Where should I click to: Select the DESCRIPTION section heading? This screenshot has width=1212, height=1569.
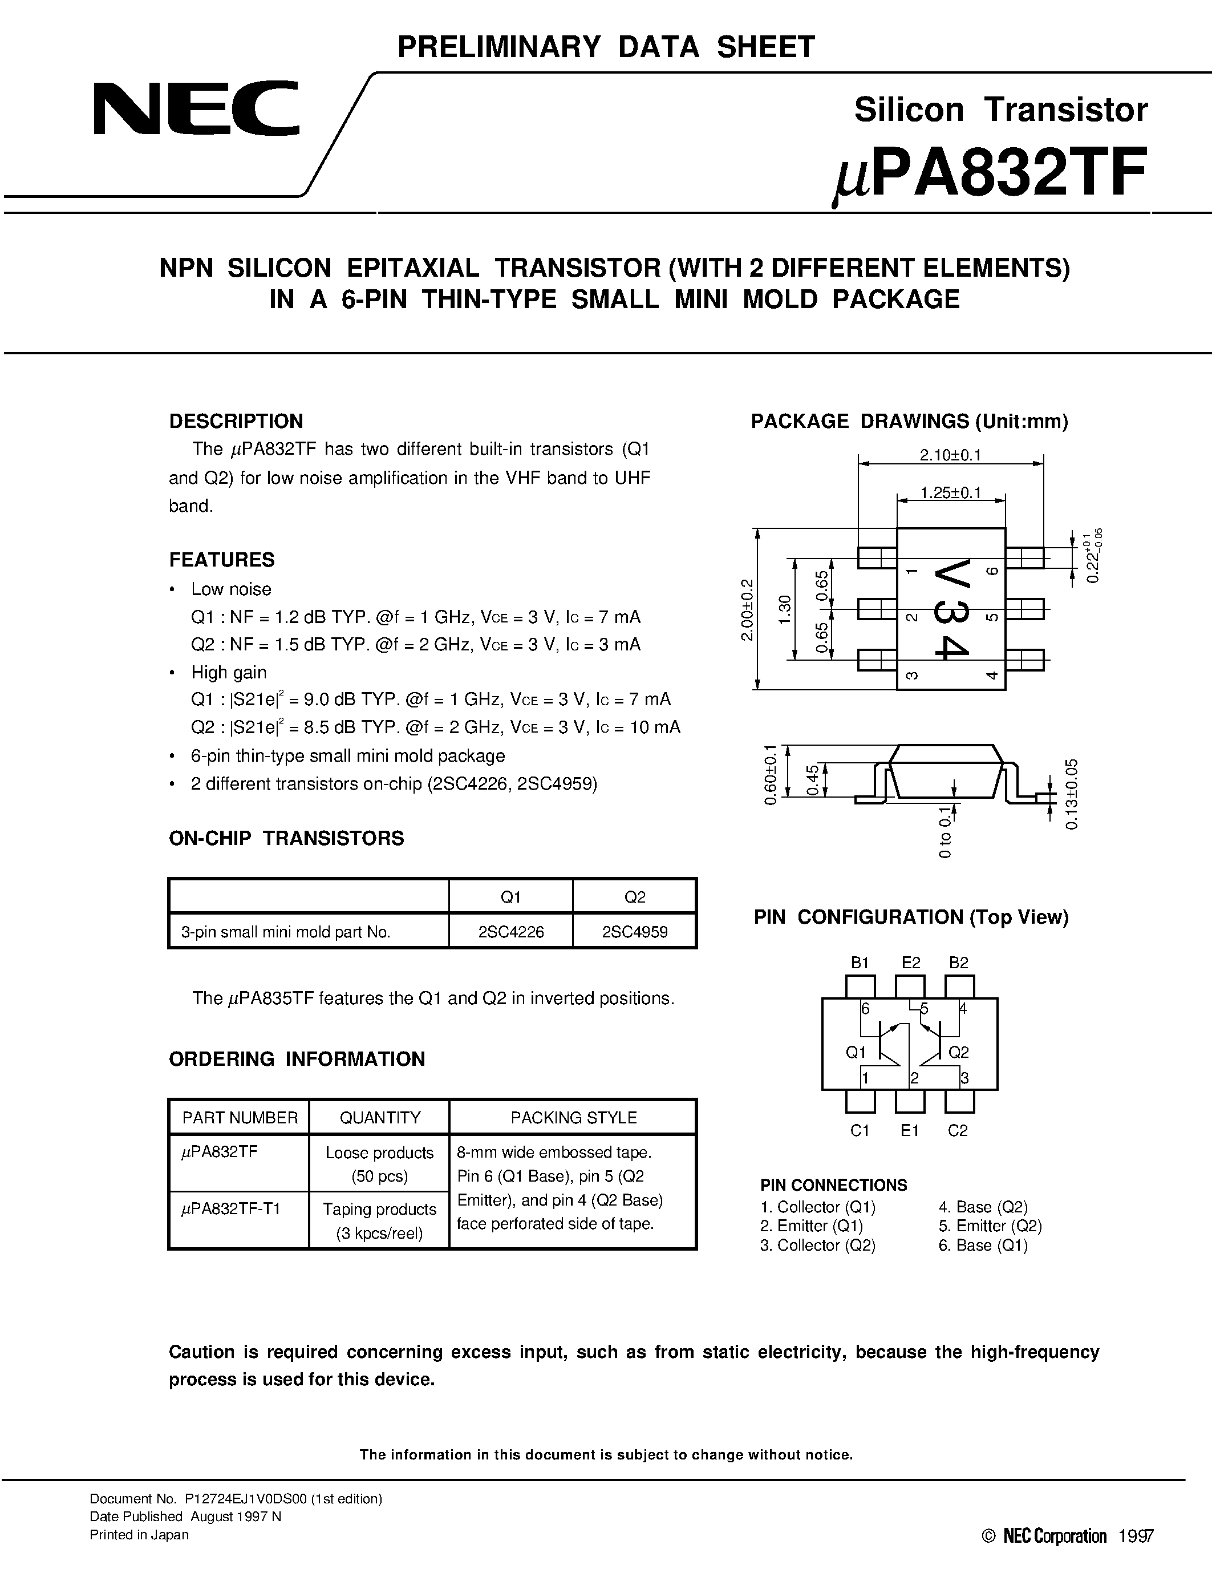coord(236,421)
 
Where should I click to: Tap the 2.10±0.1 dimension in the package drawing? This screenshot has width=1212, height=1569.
coord(950,455)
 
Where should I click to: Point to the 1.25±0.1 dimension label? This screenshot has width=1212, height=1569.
coord(951,493)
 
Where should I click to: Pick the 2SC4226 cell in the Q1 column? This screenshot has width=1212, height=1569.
coord(510,932)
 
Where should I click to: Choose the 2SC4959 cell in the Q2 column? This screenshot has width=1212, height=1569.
coord(635,932)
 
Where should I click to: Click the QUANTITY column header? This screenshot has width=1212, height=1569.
coord(379,1117)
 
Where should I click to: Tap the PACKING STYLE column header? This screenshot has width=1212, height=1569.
coord(573,1117)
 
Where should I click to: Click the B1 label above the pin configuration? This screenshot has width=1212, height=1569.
coord(860,963)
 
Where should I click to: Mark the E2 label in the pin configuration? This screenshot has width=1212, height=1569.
coord(910,963)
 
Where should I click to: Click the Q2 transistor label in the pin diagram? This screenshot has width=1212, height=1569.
coord(959,1053)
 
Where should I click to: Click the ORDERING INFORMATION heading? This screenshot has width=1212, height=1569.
coord(297,1059)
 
